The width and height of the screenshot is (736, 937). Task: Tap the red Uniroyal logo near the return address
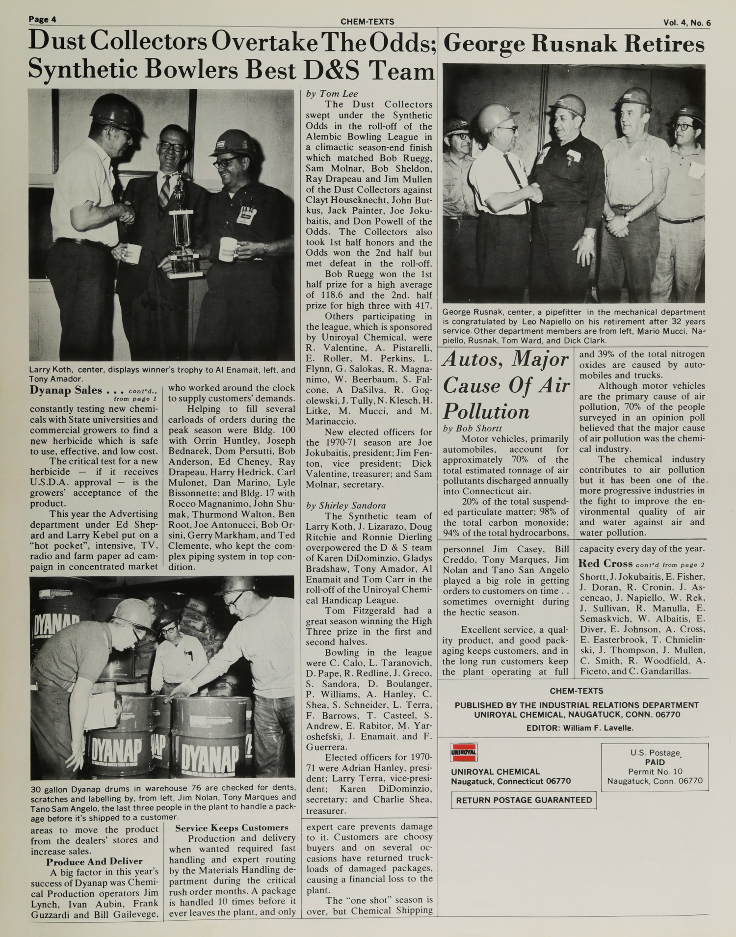pyautogui.click(x=464, y=752)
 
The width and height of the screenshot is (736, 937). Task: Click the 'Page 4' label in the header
pyautogui.click(x=43, y=20)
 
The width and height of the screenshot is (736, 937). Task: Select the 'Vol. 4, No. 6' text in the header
pyautogui.click(x=686, y=22)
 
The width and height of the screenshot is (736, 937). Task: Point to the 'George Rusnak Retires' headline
pyautogui.click(x=574, y=45)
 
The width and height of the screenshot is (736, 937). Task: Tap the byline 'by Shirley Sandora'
pyautogui.click(x=346, y=506)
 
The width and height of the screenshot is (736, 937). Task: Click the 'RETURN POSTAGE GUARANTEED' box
pyautogui.click(x=524, y=800)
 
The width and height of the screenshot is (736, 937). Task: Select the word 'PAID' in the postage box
pyautogui.click(x=655, y=763)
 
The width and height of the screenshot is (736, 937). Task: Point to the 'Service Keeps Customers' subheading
pyautogui.click(x=232, y=828)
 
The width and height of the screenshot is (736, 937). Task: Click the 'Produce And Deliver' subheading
pyautogui.click(x=95, y=861)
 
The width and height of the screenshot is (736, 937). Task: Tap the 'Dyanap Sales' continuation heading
pyautogui.click(x=66, y=391)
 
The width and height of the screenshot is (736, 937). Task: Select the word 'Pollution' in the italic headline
pyautogui.click(x=486, y=411)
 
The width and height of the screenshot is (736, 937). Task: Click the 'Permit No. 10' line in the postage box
pyautogui.click(x=655, y=772)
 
